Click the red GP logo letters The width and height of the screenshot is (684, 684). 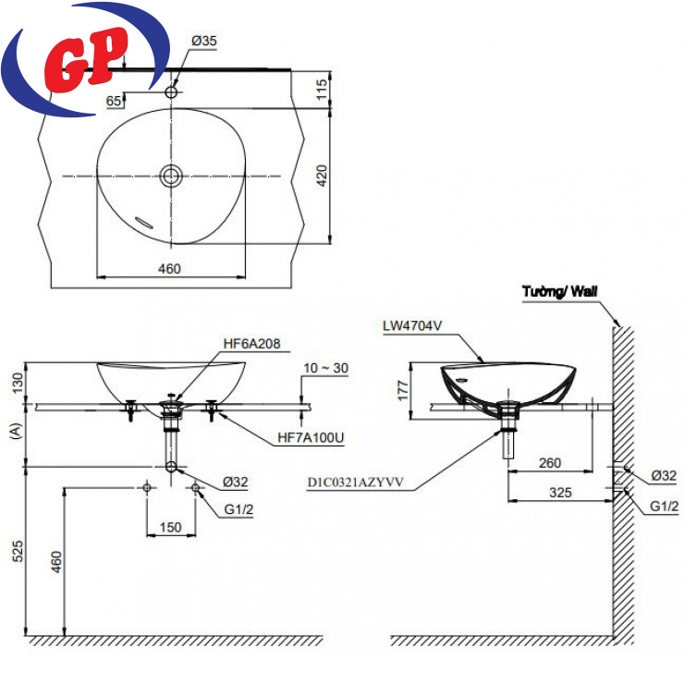(86, 59)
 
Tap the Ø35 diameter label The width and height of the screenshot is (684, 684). (203, 41)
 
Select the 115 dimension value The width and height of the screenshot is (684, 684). (322, 89)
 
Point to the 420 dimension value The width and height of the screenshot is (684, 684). (322, 176)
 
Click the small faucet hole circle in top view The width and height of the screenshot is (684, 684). (171, 92)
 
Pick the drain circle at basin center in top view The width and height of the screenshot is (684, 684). (171, 176)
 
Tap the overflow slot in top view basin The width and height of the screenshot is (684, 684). (144, 222)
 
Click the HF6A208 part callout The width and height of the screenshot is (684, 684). (251, 344)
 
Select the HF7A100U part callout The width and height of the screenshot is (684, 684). (311, 437)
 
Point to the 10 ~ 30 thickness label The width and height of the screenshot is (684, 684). (326, 368)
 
